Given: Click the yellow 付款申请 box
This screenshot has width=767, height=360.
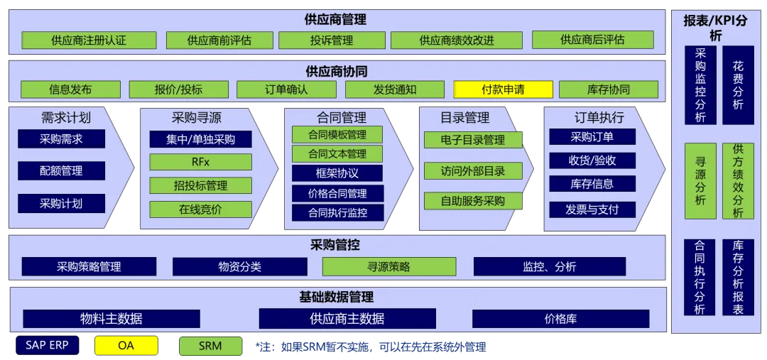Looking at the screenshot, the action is point(503,89).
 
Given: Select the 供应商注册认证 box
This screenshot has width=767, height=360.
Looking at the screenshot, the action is point(89,40).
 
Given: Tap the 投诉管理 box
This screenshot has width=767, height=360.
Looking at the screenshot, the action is point(331,40).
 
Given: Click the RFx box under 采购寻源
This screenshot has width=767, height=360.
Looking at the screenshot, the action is point(200,162).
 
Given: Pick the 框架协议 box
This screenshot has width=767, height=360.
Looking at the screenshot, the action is point(337,173).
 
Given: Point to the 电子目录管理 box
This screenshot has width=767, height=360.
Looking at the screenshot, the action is point(472,140).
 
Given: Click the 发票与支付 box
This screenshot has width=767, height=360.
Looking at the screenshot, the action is point(592,209).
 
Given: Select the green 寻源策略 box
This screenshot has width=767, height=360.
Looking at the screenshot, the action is point(388,267).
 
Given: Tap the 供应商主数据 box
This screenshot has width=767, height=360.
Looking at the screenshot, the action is point(347,319).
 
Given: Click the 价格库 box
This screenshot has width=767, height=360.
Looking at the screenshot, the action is point(560,319).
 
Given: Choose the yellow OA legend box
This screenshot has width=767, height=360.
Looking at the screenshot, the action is point(126,346).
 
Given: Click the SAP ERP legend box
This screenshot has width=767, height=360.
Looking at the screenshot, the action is point(47,346).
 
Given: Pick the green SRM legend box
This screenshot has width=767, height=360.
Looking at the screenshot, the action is point(210,346).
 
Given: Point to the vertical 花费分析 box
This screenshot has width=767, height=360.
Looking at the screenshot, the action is point(738,85).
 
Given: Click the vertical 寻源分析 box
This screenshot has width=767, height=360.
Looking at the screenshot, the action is point(700,181).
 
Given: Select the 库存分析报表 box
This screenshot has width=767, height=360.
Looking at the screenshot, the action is point(738,277).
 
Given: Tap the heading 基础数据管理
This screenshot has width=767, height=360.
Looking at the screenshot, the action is point(337,297).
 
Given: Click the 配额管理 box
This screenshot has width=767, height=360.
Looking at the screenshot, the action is point(61,171).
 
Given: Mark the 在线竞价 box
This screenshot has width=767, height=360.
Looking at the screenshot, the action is point(200,209).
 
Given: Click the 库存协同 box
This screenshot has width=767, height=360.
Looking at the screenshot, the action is point(608,89).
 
